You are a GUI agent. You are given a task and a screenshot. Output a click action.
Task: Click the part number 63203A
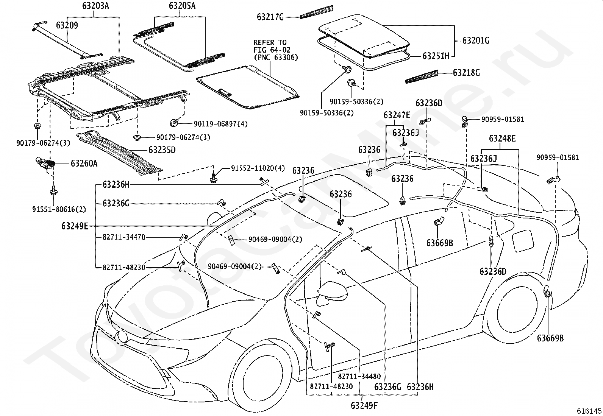pyautogui.click(x=95, y=5)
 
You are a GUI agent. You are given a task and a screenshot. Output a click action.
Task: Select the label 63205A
pyautogui.click(x=182, y=5)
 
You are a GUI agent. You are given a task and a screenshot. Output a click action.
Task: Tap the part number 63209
pyautogui.click(x=67, y=25)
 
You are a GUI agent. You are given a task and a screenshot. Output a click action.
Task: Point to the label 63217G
pyautogui.click(x=270, y=17)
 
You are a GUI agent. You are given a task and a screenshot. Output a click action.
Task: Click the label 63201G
pyautogui.click(x=476, y=41)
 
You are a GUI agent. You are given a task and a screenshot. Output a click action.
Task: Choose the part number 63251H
pyautogui.click(x=436, y=56)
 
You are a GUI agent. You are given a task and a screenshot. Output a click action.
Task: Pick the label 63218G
pyautogui.click(x=467, y=73)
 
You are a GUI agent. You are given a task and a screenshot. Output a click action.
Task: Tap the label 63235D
pyautogui.click(x=162, y=150)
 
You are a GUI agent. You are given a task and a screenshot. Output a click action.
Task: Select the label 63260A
pyautogui.click(x=84, y=163)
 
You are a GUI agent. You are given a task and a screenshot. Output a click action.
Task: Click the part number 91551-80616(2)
pyautogui.click(x=59, y=209)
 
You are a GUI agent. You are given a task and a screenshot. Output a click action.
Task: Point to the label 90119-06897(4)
pyautogui.click(x=221, y=124)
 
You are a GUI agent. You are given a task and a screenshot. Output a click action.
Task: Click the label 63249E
pyautogui.click(x=75, y=226)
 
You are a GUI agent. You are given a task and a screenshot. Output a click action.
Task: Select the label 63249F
pyautogui.click(x=364, y=405)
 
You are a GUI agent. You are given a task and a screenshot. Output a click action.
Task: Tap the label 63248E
pyautogui.click(x=502, y=138)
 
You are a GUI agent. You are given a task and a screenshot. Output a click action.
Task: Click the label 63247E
pyautogui.click(x=397, y=115)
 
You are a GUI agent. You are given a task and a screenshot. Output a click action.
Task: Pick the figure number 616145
pyautogui.click(x=589, y=411)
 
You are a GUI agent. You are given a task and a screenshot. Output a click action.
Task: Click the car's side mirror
pyautogui.click(x=333, y=294)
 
